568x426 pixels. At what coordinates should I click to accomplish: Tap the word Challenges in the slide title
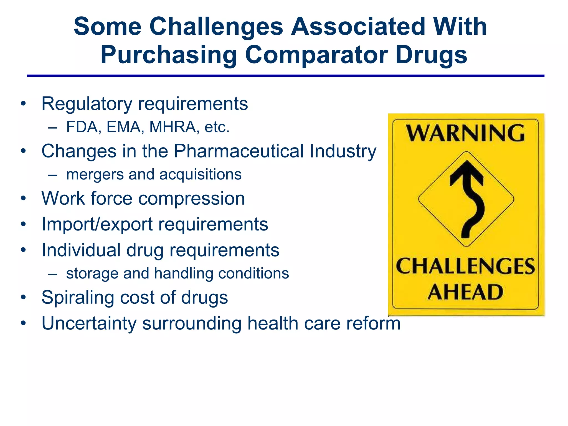[x=216, y=27]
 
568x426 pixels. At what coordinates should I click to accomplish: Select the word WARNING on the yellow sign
[x=465, y=133]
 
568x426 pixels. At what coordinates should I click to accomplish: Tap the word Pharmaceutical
[x=239, y=151]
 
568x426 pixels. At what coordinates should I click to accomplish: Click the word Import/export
[x=97, y=224]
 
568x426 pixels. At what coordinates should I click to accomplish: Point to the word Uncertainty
[x=89, y=323]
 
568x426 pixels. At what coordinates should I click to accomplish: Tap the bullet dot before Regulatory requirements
[x=23, y=104]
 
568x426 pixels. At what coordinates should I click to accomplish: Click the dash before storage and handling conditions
[x=53, y=274]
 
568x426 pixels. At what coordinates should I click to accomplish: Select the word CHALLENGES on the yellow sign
[x=465, y=266]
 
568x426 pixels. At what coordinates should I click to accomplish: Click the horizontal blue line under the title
[x=285, y=76]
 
